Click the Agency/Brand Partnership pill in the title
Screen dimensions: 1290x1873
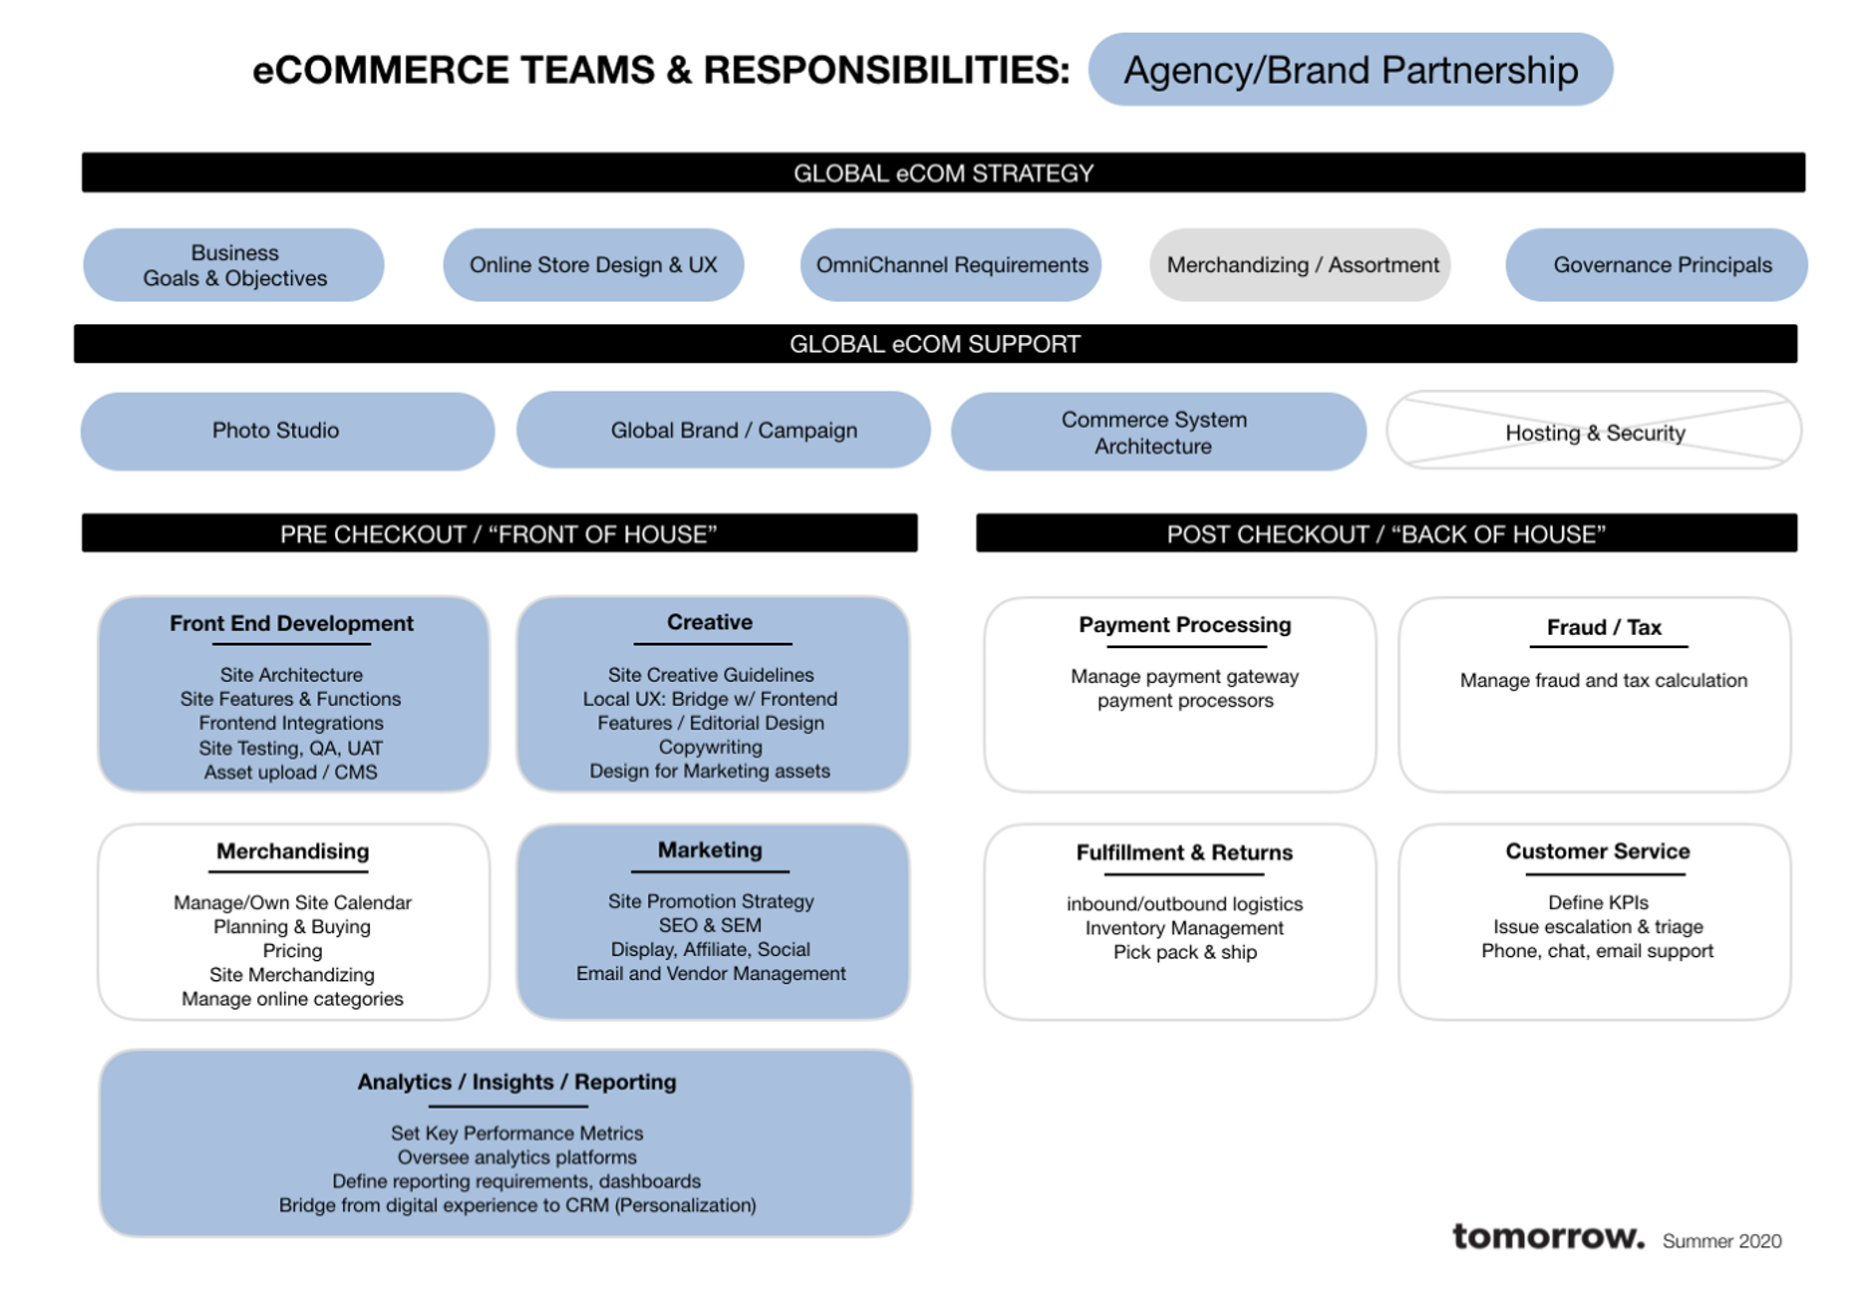tap(1350, 70)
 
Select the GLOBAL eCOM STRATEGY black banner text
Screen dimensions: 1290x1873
tap(943, 173)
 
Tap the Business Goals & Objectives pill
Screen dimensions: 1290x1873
tap(234, 265)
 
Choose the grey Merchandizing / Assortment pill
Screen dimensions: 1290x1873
tap(1301, 265)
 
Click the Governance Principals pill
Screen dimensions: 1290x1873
tap(1661, 265)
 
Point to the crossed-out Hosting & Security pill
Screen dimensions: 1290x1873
tap(1594, 433)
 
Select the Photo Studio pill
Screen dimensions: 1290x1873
tap(276, 431)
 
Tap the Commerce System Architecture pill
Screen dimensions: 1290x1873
tap(1153, 433)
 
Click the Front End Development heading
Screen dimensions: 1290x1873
tap(291, 623)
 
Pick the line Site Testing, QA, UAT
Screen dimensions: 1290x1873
tap(290, 748)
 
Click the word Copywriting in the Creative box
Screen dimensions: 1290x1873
tap(710, 747)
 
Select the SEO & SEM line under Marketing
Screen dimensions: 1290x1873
tap(710, 925)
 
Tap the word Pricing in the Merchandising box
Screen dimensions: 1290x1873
tap(292, 950)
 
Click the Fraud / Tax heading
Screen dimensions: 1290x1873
tap(1603, 627)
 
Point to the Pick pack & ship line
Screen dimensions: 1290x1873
tap(1184, 952)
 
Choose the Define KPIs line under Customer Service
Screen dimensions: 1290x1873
tap(1597, 902)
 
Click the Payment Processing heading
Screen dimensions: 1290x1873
tap(1184, 625)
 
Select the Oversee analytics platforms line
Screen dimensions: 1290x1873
tap(516, 1157)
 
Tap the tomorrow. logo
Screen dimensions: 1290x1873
tap(1547, 1236)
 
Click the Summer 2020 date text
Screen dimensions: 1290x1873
tap(1721, 1241)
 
